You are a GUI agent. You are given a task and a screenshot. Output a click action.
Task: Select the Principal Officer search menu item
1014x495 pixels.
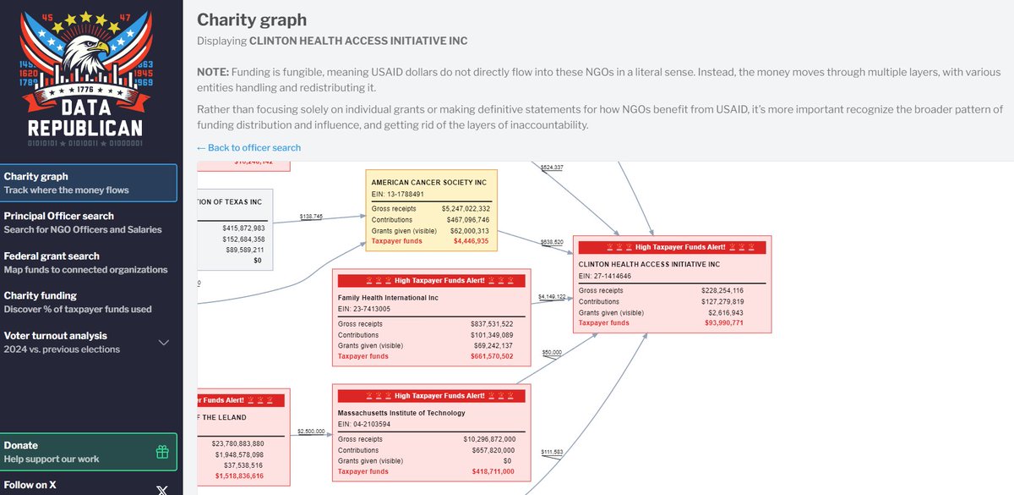[x=59, y=217]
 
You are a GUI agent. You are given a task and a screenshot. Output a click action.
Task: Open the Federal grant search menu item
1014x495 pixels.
[x=52, y=256]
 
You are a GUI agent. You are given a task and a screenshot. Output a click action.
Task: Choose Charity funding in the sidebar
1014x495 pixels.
[x=41, y=295]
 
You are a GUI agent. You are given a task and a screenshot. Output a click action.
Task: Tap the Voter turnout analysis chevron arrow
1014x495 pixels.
[x=164, y=343]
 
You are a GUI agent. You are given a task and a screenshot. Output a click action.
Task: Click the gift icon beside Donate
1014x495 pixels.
[x=162, y=452]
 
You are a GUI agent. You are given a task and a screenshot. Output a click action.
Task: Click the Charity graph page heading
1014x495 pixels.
[x=252, y=19]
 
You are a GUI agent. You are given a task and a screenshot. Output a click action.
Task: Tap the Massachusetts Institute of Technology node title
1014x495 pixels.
[x=401, y=413]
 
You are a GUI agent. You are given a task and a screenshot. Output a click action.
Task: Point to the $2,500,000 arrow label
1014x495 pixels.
[x=311, y=432]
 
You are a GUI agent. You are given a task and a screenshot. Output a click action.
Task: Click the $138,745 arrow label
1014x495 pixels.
[x=311, y=217]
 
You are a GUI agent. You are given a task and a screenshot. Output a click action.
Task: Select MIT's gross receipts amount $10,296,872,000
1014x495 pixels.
[x=489, y=439]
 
